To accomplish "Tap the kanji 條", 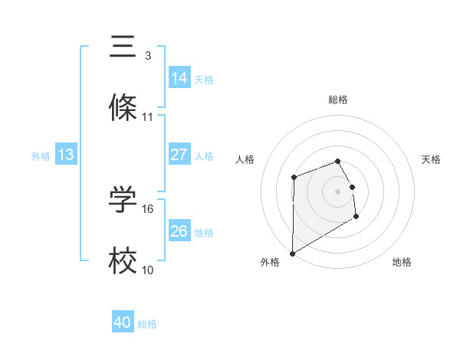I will coord(123,108).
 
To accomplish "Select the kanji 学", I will coord(123,200).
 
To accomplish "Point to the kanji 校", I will coord(123,262).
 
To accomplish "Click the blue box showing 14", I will coord(179,77).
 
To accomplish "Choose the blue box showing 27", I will coord(179,155).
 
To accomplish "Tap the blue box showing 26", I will coord(179,231).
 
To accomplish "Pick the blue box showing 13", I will coord(66,155).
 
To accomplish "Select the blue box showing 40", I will coord(123,322).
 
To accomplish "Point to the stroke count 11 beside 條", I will coord(148,117).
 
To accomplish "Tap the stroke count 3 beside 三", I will coord(148,55).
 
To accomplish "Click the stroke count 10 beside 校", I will coord(148,270).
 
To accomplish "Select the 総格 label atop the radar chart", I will coord(338,100).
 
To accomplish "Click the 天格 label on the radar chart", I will coord(431,159).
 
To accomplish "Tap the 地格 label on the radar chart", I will coord(402,262).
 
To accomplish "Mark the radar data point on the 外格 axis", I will coord(292,253).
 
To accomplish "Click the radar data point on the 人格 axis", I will coord(294,177).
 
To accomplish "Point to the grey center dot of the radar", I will coord(338,191).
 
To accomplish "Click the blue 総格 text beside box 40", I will coord(147,324).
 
